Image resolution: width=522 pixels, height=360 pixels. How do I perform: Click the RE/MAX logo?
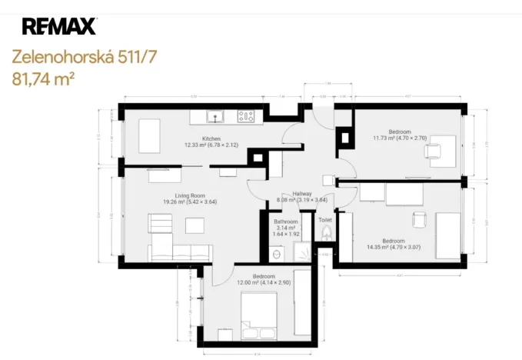pyautogui.click(x=59, y=26)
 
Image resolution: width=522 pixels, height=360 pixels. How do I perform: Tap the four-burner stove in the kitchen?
pyautogui.click(x=246, y=117)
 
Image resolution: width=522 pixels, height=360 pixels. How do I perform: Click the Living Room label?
pyautogui.click(x=189, y=195)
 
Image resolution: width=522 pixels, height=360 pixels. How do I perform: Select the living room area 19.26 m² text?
pyautogui.click(x=189, y=202)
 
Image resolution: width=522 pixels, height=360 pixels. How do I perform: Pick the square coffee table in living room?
pyautogui.click(x=195, y=224)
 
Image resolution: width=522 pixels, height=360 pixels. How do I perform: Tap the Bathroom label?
pyautogui.click(x=286, y=222)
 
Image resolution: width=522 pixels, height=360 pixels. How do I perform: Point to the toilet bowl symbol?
pyautogui.click(x=326, y=232)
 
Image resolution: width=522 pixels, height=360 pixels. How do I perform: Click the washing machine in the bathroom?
pyautogui.click(x=277, y=252)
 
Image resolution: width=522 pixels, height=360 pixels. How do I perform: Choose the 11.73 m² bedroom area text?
pyautogui.click(x=399, y=138)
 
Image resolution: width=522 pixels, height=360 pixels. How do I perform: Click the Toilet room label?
pyautogui.click(x=325, y=219)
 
